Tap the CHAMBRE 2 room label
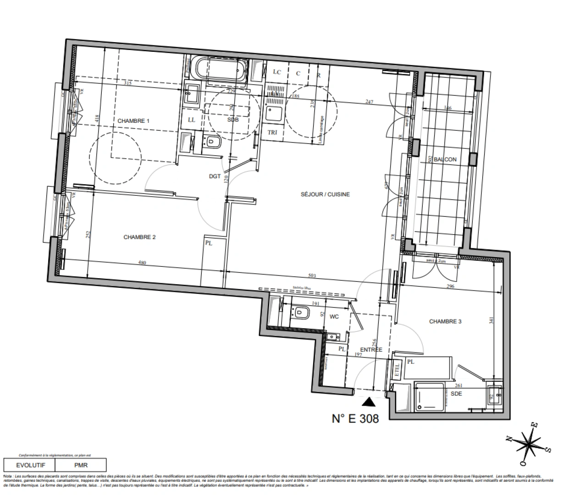click(139, 237)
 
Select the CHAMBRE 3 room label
click(445, 322)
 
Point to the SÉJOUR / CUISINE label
click(325, 194)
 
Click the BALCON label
click(445, 159)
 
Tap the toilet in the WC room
click(302, 313)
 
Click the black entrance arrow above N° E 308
click(369, 402)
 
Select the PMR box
click(81, 465)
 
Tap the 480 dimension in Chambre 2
click(142, 263)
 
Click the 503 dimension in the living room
click(312, 276)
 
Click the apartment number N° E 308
click(355, 418)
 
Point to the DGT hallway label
click(215, 176)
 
